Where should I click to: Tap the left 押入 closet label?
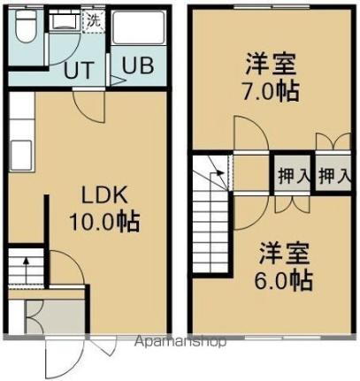[x=293, y=175]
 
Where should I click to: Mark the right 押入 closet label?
[x=333, y=175]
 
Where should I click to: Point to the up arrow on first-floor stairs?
[x=25, y=262]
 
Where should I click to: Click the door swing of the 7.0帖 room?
[x=249, y=136]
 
